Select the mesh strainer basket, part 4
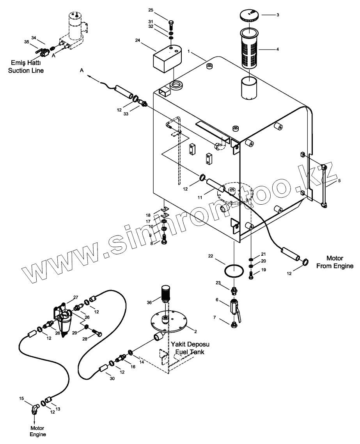[x=249, y=49]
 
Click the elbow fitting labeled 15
[x=35, y=409]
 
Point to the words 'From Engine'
[x=335, y=266]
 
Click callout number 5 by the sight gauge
[x=339, y=180]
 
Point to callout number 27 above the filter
[x=76, y=297]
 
